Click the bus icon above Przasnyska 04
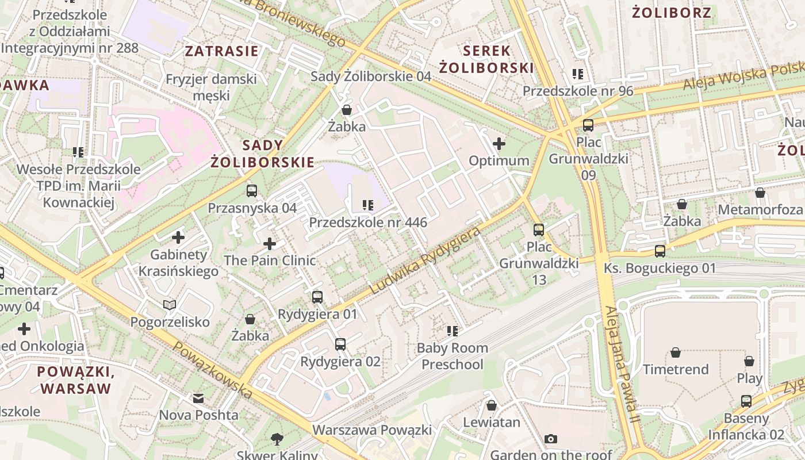click(251, 191)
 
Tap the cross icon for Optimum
click(499, 143)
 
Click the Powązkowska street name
click(213, 371)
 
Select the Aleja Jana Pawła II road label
click(622, 365)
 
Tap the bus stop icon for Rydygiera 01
click(317, 297)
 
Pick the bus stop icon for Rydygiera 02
click(340, 344)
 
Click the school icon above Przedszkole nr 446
click(368, 205)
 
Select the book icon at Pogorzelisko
click(170, 305)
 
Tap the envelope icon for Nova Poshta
click(198, 398)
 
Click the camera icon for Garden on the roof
click(551, 439)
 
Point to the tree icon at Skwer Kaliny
click(277, 440)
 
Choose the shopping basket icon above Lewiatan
click(491, 405)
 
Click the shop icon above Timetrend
click(676, 352)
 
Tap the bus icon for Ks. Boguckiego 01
click(660, 251)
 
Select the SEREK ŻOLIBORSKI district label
click(486, 59)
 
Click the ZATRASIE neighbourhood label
click(221, 51)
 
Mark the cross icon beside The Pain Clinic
click(270, 244)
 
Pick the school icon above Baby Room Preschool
click(453, 331)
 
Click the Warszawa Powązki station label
click(371, 430)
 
